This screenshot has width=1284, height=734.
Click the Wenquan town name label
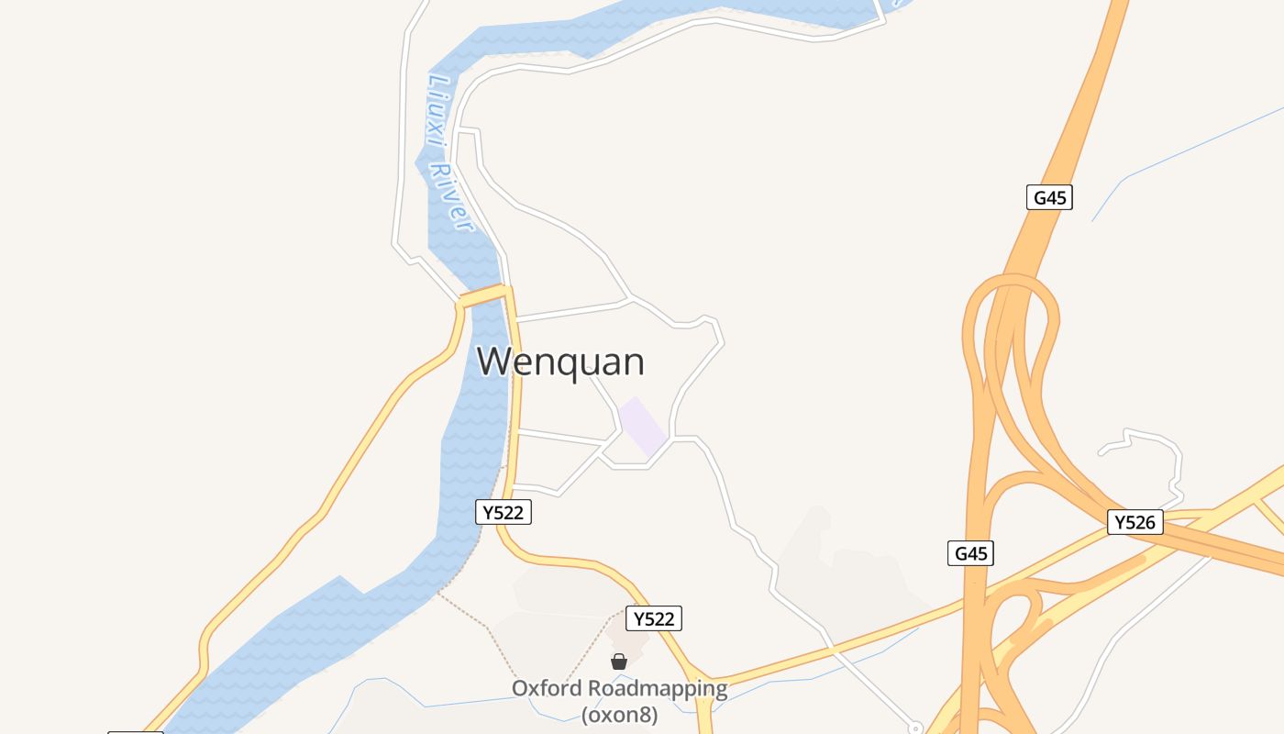click(560, 361)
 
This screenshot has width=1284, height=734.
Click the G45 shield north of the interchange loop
click(1049, 197)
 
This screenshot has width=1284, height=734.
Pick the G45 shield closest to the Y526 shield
click(970, 553)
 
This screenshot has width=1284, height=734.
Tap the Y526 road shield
click(1135, 523)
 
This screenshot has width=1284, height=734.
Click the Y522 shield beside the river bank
click(504, 512)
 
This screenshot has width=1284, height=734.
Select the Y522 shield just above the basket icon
click(654, 618)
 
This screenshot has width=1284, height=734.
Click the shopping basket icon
click(619, 662)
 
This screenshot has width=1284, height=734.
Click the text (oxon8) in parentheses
click(619, 715)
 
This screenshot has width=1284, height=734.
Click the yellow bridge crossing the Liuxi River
click(482, 297)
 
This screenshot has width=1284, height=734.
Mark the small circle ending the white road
click(914, 728)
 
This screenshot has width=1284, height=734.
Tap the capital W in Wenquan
click(493, 361)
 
